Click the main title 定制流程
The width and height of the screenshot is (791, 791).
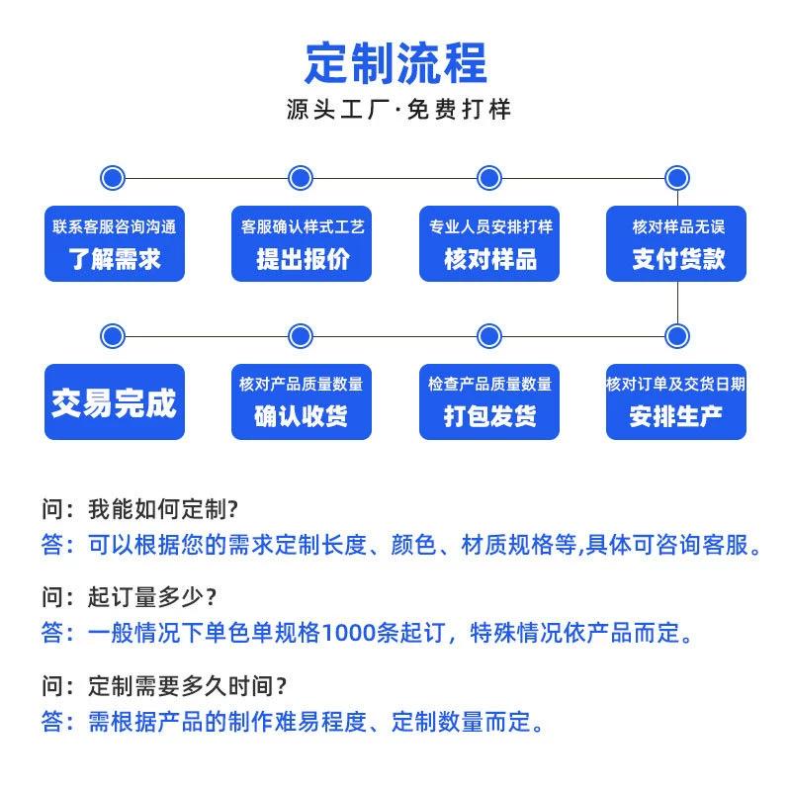coord(396,63)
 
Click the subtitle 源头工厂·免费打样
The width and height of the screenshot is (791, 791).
coord(398,110)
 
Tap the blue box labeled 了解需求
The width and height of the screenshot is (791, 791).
coord(115,243)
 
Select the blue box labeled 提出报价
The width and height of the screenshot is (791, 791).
coord(302,243)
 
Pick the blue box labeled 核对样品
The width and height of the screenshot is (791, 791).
coord(489,243)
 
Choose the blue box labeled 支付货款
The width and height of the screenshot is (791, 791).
coord(676,243)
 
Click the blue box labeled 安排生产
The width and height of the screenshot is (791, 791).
coord(676,401)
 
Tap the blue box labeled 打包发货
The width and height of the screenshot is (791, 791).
coord(489,401)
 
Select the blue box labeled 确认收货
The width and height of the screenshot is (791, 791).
coord(302,401)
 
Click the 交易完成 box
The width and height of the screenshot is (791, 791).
coord(115,401)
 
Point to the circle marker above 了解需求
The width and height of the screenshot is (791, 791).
coord(113,178)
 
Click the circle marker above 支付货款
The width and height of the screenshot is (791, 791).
coord(677,178)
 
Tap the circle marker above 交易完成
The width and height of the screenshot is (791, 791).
coord(113,336)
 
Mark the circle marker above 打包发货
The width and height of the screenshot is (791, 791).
coord(489,336)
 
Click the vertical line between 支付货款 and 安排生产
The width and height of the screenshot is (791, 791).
coord(677,303)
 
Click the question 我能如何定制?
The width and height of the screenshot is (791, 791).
coord(163,509)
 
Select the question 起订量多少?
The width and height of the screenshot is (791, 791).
coord(152,597)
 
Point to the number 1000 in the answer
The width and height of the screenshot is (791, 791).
coord(348,633)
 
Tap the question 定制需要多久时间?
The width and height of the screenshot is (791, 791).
coord(187,686)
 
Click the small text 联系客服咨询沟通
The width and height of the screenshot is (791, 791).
coord(115,227)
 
